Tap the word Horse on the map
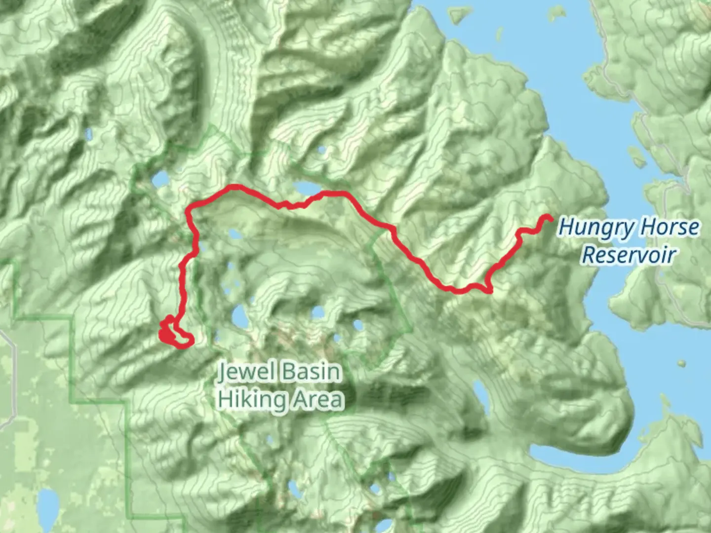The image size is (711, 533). tap(669, 228)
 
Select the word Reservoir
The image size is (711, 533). tap(628, 255)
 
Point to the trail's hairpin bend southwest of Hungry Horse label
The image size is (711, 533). tap(489, 289)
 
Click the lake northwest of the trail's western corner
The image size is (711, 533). tap(160, 179)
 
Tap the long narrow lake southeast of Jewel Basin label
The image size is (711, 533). tap(480, 395)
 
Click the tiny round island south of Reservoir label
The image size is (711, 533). tap(682, 364)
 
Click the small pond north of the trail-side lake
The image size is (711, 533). tap(322, 150)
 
